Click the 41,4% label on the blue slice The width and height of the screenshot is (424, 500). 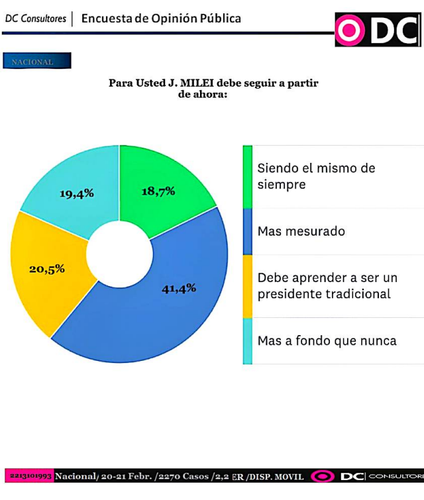(179, 288)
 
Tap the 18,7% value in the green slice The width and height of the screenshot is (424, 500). (158, 191)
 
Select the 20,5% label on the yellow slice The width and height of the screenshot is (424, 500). (46, 269)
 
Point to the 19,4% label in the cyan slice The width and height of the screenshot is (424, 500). (77, 193)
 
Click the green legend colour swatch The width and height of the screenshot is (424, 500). (247, 176)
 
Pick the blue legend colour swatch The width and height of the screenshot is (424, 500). (247, 231)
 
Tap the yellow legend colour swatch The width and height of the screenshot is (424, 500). (247, 285)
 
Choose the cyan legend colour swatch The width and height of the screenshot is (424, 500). (247, 340)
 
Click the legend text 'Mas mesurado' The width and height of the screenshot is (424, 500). (301, 231)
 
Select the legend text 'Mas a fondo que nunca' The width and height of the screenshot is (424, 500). (327, 340)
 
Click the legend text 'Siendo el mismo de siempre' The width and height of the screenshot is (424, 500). (316, 176)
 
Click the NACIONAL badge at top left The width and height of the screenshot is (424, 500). (36, 62)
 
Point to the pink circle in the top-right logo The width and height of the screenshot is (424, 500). (350, 30)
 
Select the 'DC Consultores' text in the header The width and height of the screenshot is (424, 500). (36, 19)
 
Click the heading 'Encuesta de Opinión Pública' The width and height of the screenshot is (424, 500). (161, 18)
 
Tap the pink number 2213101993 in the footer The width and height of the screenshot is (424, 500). (31, 476)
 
